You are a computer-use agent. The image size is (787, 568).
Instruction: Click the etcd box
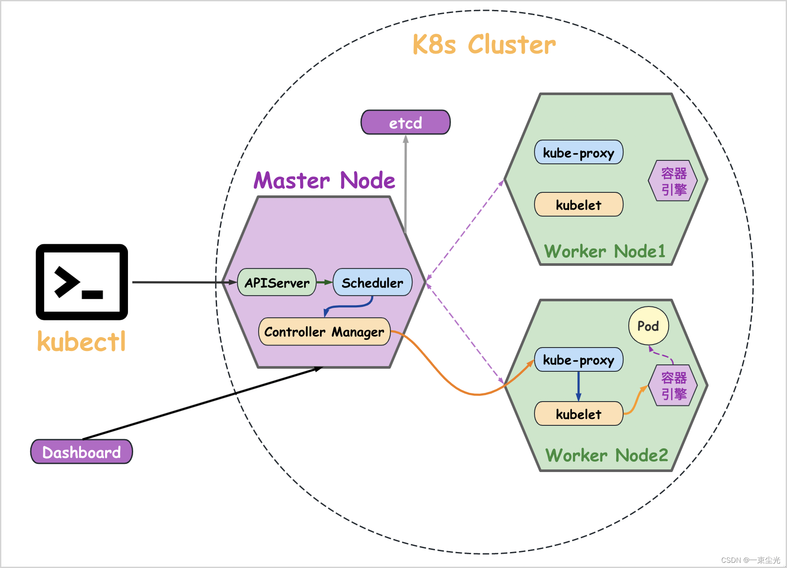click(x=406, y=122)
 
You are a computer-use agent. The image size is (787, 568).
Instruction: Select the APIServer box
click(x=277, y=282)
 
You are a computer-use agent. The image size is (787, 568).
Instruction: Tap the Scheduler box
click(x=372, y=282)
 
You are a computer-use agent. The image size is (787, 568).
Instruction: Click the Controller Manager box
click(x=324, y=332)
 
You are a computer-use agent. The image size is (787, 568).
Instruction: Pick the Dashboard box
click(x=82, y=452)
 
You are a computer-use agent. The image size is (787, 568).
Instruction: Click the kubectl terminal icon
click(x=82, y=282)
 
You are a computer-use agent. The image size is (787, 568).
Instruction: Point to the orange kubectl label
click(x=81, y=341)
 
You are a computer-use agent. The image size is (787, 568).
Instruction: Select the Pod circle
click(x=649, y=325)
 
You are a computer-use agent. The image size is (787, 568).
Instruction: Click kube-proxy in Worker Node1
click(x=579, y=152)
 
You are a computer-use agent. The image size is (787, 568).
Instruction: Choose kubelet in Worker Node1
click(x=579, y=204)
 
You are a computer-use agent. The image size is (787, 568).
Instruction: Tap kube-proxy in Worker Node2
click(x=579, y=360)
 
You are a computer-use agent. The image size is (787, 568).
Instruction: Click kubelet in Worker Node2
click(x=579, y=414)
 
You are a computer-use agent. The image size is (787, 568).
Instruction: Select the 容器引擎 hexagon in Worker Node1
click(x=673, y=181)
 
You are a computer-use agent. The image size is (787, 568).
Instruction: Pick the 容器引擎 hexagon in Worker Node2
click(x=673, y=386)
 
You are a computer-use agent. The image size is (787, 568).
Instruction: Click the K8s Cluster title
click(x=484, y=44)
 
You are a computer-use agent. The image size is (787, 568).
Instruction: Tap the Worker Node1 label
click(x=605, y=251)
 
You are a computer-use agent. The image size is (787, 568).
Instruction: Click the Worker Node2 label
click(x=607, y=455)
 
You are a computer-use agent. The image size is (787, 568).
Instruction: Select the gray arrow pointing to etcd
click(x=406, y=184)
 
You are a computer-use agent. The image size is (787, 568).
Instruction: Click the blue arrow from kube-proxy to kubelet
click(x=579, y=386)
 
